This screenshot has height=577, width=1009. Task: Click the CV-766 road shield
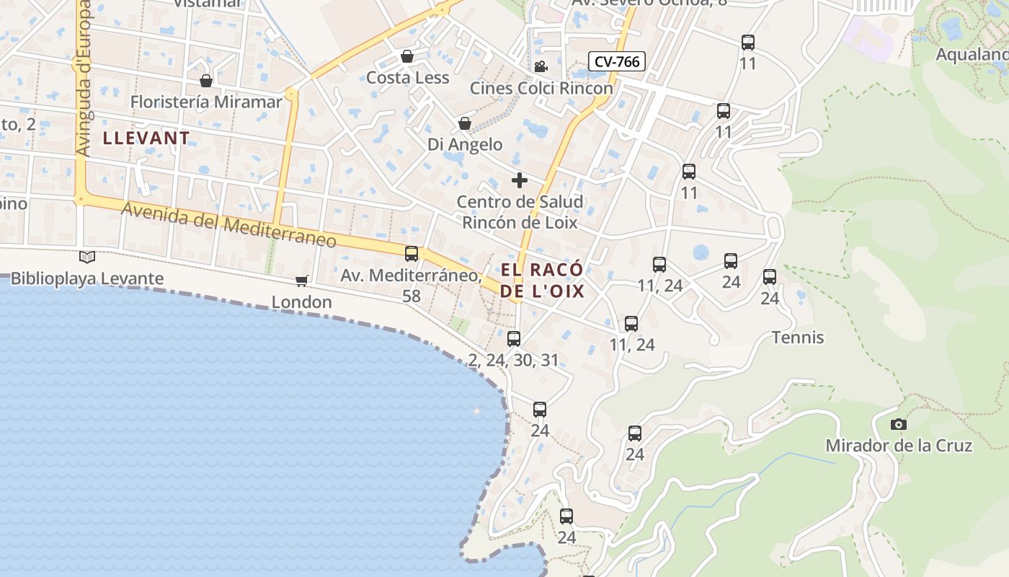click(x=616, y=61)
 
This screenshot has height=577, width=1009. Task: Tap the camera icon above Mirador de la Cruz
click(x=898, y=424)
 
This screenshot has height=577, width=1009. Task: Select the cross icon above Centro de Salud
click(x=519, y=180)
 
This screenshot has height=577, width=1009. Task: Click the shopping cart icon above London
click(x=301, y=281)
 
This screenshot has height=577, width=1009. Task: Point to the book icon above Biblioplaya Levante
click(x=87, y=257)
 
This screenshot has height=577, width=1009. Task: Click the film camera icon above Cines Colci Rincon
click(x=541, y=67)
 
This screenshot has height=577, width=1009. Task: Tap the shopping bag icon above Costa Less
click(x=407, y=56)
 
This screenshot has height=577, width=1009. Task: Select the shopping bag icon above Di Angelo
click(x=465, y=123)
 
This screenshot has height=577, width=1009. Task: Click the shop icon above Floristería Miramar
click(x=206, y=81)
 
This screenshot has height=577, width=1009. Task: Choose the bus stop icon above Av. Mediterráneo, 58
click(x=411, y=253)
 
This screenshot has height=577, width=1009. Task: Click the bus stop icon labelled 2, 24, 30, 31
click(x=513, y=338)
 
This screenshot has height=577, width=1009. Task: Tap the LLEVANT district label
click(x=146, y=138)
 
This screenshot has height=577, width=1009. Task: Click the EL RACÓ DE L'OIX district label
click(x=542, y=281)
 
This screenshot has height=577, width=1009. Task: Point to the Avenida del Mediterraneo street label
click(x=228, y=225)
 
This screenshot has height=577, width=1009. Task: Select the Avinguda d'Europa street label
click(x=84, y=79)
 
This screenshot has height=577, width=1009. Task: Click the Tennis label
click(x=797, y=338)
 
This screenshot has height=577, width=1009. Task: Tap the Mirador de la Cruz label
click(x=898, y=446)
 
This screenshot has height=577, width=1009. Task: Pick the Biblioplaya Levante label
click(x=87, y=278)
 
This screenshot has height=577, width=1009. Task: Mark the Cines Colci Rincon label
click(x=541, y=88)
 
